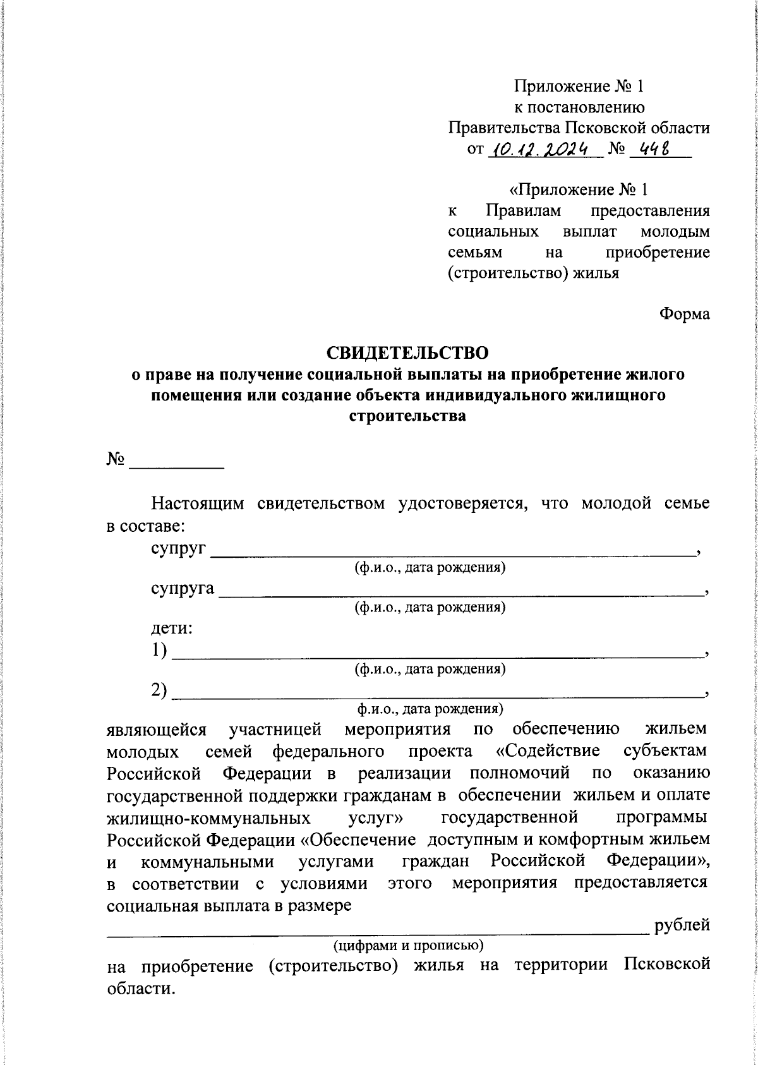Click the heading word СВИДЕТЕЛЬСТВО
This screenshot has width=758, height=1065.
tap(407, 351)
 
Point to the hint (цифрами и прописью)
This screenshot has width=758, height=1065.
tap(409, 945)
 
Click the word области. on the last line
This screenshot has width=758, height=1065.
tap(139, 988)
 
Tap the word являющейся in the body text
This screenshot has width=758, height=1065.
tap(157, 730)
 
